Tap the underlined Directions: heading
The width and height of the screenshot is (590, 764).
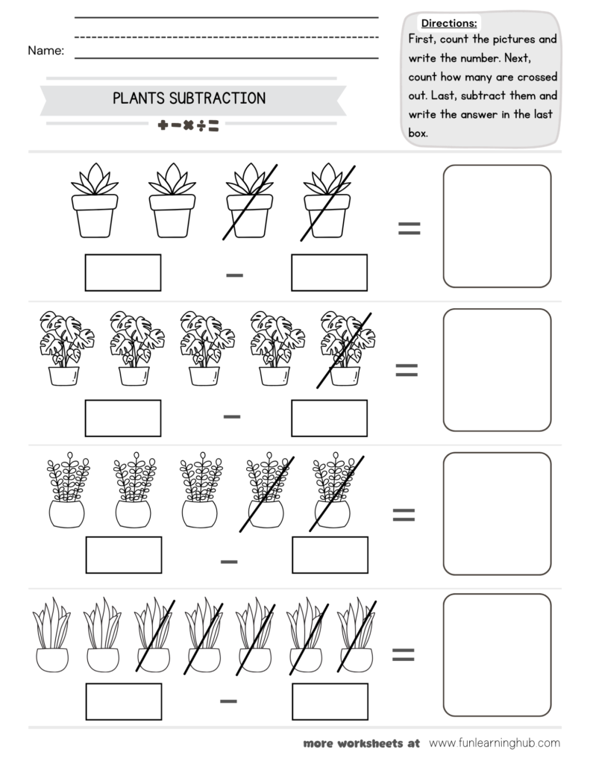pyautogui.click(x=449, y=23)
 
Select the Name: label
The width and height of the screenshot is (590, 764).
pyautogui.click(x=45, y=51)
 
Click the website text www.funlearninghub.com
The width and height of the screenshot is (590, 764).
pyautogui.click(x=495, y=743)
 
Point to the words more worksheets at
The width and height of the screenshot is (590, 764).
pyautogui.click(x=362, y=743)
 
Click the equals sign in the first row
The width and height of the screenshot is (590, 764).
pyautogui.click(x=409, y=229)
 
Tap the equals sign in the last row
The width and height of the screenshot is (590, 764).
pyautogui.click(x=404, y=654)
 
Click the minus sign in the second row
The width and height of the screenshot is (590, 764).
pyautogui.click(x=232, y=416)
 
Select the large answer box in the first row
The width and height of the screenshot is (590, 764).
pyautogui.click(x=497, y=226)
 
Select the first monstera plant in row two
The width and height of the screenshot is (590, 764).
pyautogui.click(x=64, y=348)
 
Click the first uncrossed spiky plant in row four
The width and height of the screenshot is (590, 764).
pyautogui.click(x=52, y=633)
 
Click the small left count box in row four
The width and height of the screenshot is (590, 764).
pyautogui.click(x=123, y=702)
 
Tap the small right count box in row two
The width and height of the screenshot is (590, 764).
pyautogui.click(x=329, y=418)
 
